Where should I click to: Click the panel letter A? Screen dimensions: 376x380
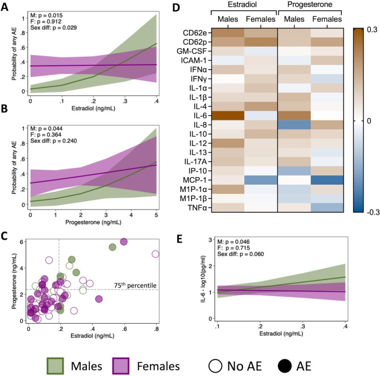pyautogui.click(x=6, y=7)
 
